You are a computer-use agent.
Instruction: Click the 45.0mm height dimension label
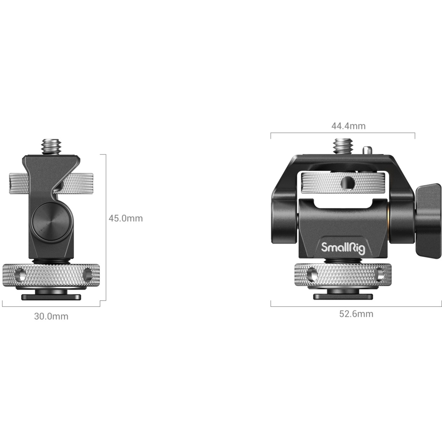(x=126, y=218)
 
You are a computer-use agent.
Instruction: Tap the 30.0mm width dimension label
(x=51, y=316)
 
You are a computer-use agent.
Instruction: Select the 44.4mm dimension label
(x=348, y=126)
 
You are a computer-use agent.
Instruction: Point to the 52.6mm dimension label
(x=356, y=314)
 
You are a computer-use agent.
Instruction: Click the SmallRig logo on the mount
(x=343, y=248)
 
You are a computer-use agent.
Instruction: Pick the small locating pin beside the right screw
(x=366, y=150)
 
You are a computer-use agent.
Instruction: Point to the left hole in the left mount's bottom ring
(x=20, y=275)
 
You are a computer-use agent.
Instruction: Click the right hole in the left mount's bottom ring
(x=88, y=275)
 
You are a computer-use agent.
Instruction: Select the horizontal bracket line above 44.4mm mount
(x=343, y=133)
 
